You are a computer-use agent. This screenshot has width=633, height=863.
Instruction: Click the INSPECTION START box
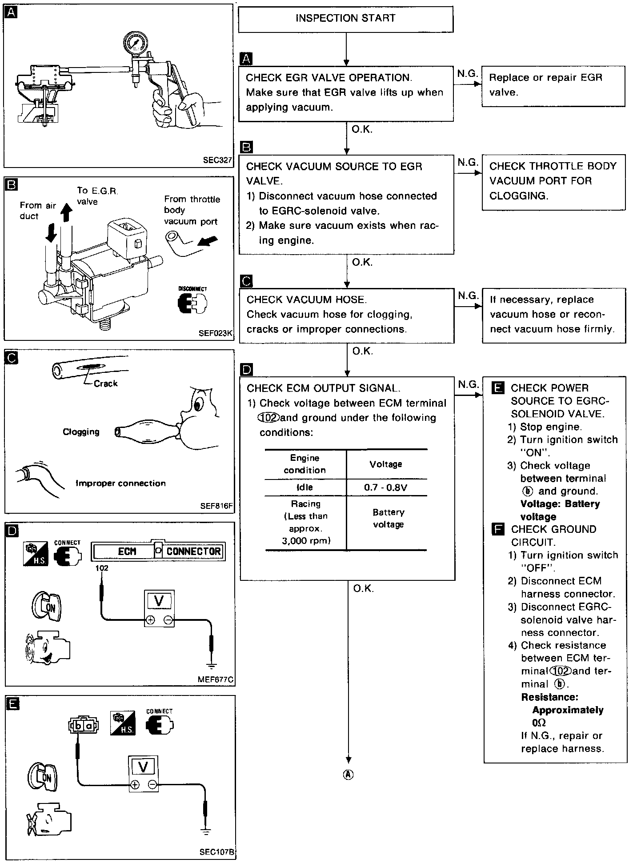pos(345,19)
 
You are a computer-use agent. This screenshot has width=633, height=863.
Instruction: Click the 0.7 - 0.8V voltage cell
pos(385,487)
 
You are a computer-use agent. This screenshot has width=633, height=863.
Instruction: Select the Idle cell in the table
pos(305,487)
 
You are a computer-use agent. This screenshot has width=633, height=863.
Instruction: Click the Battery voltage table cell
pos(388,518)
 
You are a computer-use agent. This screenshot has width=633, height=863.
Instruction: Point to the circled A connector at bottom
pos(349,775)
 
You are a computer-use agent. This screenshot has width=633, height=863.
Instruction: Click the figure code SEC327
pos(218,160)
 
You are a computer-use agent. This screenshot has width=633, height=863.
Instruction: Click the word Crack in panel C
pos(105,384)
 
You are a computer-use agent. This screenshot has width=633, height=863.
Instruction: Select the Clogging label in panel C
pos(81,432)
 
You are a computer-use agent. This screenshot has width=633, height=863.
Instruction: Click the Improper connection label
pos(120,483)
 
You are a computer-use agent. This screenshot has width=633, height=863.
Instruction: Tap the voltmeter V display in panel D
pos(159,601)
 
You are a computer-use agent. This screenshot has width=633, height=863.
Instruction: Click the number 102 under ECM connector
pos(102,568)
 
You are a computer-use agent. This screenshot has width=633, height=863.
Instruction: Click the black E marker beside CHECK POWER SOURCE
pos(498,388)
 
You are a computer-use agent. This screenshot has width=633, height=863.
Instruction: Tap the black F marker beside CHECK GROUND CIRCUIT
pos(498,529)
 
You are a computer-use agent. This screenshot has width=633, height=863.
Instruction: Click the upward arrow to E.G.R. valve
pos(66,212)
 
